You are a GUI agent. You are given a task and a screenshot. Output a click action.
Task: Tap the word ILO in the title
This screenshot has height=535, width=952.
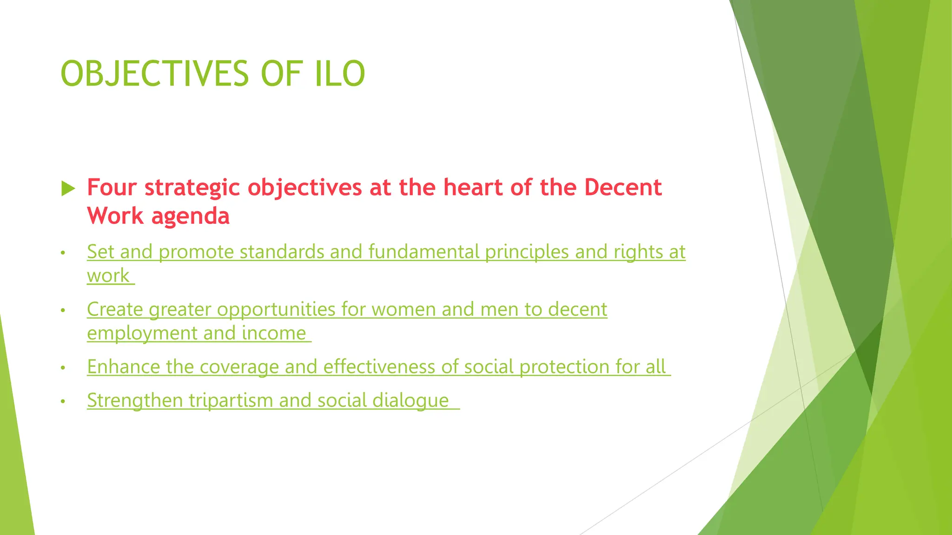(x=340, y=73)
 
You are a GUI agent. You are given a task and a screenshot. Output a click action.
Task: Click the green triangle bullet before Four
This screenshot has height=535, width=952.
(x=68, y=189)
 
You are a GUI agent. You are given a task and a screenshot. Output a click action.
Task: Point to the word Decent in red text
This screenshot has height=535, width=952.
(x=622, y=188)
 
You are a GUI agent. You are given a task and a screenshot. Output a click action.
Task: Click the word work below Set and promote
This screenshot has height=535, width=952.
(x=108, y=276)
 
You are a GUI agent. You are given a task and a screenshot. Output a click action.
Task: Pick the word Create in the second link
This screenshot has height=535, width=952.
(x=115, y=309)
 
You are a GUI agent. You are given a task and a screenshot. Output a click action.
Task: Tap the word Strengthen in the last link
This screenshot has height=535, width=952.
(x=135, y=401)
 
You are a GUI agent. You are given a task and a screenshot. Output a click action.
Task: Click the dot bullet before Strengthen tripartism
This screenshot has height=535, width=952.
(x=63, y=401)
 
